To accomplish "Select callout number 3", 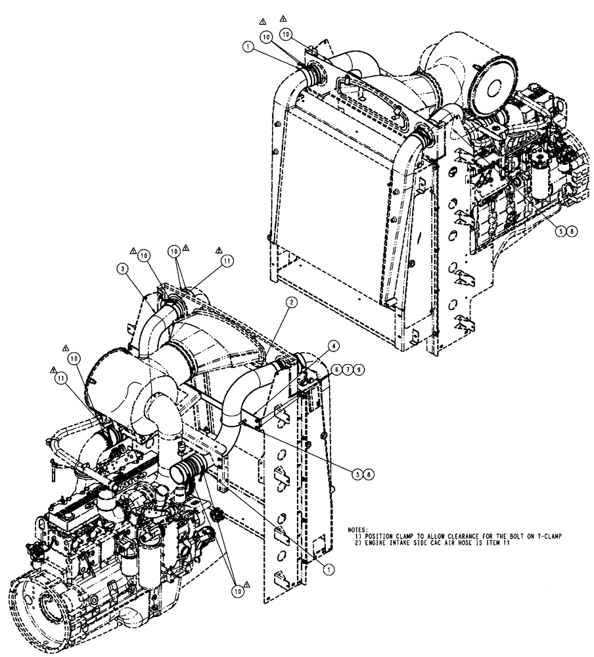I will (123, 268).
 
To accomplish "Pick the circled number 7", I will (348, 371).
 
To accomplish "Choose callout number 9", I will (358, 371).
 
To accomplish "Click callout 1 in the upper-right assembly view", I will (248, 47).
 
